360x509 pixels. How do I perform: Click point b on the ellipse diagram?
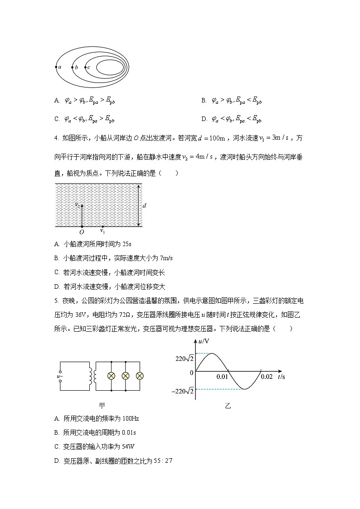point(72,67)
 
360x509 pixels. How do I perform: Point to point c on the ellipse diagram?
point(85,67)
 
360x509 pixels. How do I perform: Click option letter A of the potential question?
point(57,100)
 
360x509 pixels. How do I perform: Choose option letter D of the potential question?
point(204,119)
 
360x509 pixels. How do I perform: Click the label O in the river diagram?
point(82,232)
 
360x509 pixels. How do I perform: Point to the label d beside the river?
point(144,206)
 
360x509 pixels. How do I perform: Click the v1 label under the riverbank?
point(102,231)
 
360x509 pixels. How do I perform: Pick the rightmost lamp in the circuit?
point(140,376)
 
